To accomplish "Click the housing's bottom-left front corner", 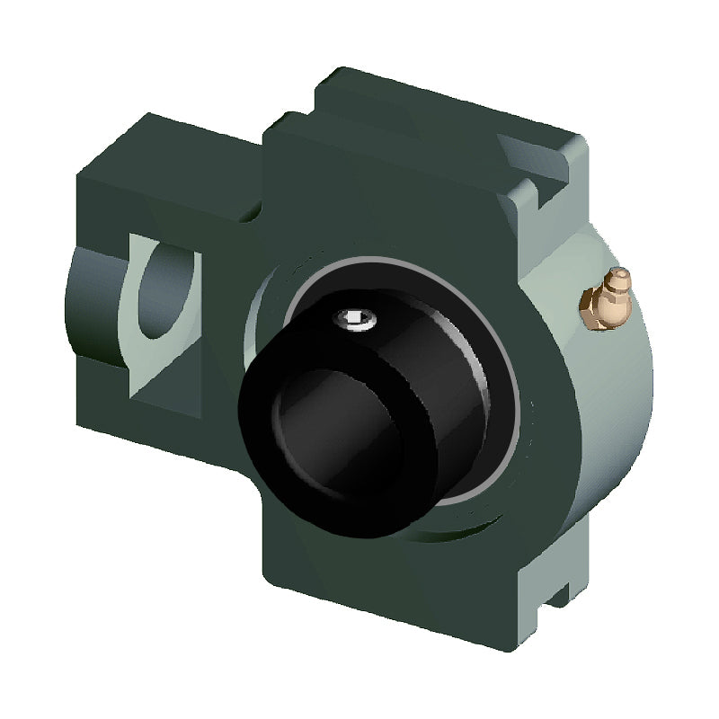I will [x=270, y=575].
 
